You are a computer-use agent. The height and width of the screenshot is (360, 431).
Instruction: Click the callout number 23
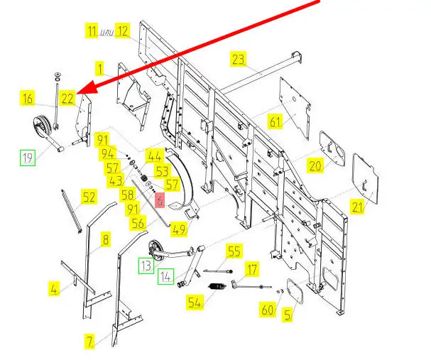point(238,59)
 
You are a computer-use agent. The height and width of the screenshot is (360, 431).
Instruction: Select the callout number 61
point(275,121)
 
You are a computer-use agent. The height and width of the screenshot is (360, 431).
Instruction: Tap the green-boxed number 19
point(27,158)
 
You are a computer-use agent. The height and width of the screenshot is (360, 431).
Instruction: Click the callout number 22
point(67,99)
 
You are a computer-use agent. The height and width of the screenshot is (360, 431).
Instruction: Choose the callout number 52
point(89,197)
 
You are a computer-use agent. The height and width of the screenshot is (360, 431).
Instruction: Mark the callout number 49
point(179,229)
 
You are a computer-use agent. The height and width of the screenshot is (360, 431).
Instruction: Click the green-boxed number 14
point(165,276)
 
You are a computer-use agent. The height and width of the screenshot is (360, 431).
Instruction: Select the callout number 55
point(234,251)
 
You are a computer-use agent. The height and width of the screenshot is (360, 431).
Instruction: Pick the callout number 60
point(267,310)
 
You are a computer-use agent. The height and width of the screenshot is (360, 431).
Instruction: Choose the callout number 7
point(89,342)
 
